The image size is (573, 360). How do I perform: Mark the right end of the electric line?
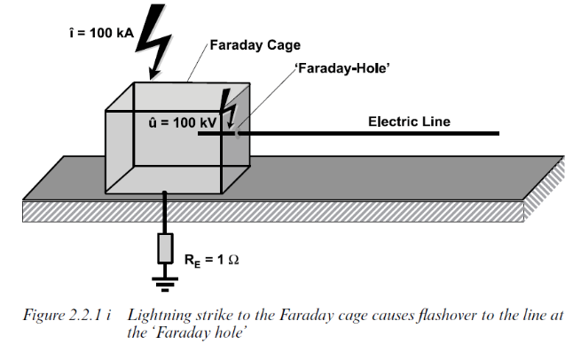tap(498, 135)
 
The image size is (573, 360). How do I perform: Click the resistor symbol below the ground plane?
tap(165, 249)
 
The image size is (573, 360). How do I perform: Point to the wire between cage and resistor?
tap(165, 213)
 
